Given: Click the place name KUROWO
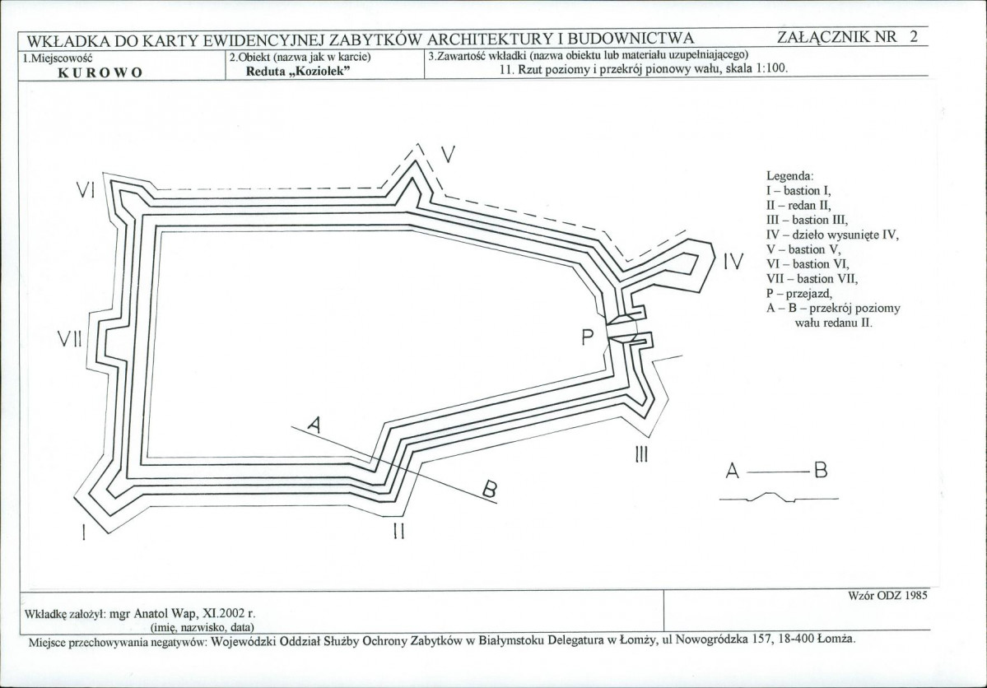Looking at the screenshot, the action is (100, 72).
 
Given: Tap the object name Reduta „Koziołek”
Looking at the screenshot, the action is (297, 71).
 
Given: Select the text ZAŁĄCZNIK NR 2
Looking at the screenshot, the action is (847, 36).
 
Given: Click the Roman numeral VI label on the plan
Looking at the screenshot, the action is (85, 189).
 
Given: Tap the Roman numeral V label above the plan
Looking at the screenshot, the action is (448, 154).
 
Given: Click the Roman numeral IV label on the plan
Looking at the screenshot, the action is (733, 261).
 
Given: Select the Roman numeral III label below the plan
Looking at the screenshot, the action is (641, 454).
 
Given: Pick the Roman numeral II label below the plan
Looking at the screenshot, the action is (398, 532).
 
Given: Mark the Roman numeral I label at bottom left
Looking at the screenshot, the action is (83, 532).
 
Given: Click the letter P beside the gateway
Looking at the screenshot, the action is (587, 338).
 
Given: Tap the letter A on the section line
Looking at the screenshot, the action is (314, 426).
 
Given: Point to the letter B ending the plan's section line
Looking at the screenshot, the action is (490, 489).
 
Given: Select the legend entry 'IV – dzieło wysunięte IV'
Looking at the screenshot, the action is (833, 235).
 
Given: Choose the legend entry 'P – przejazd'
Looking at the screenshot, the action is (799, 294).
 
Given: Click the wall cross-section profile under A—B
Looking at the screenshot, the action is (779, 496).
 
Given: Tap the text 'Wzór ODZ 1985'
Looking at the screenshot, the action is (887, 596).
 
